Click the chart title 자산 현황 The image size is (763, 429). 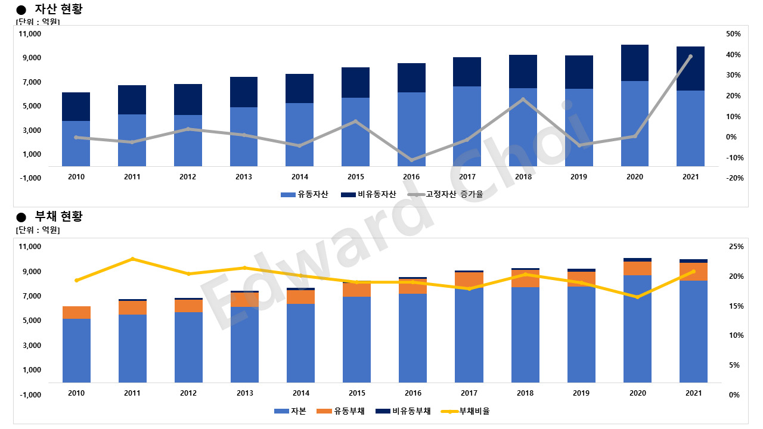click(x=58, y=9)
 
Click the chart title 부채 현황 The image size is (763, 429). click(x=58, y=216)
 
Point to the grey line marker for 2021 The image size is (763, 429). click(x=690, y=57)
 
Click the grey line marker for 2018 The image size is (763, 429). click(x=523, y=100)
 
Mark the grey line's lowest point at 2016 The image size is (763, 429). click(x=411, y=160)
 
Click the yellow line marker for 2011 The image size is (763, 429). click(x=132, y=259)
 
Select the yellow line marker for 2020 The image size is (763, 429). click(x=637, y=297)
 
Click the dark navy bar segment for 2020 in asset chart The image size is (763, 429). click(x=635, y=63)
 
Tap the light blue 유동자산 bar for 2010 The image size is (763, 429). click(x=76, y=143)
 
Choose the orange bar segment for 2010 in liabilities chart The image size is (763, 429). click(x=76, y=312)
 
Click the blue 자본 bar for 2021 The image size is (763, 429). click(x=693, y=331)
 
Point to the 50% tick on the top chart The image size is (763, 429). click(x=733, y=34)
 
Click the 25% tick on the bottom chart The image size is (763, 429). click(x=736, y=247)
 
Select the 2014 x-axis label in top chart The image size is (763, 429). click(x=300, y=177)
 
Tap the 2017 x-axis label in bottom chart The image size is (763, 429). click(x=469, y=393)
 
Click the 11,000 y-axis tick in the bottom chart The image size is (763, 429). click(x=30, y=247)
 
